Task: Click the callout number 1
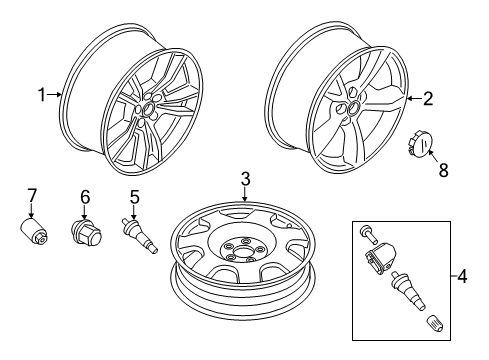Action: coord(42,95)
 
